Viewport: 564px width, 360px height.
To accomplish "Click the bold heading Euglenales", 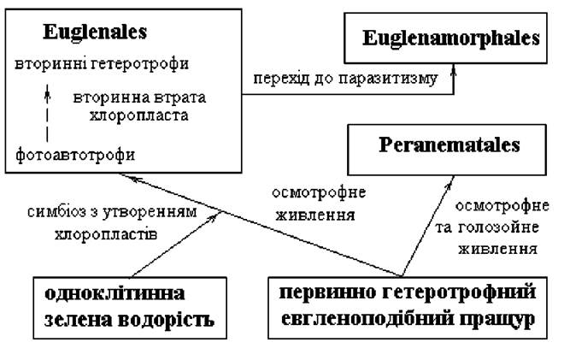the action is click(95, 32).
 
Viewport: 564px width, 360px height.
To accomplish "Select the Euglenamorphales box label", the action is click(451, 38).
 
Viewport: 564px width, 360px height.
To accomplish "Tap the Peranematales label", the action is click(449, 145).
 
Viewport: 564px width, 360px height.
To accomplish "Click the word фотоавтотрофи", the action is click(75, 155).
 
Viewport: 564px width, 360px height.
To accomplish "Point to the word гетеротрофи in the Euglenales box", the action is click(140, 64).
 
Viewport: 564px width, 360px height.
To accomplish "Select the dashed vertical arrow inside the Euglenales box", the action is click(47, 113).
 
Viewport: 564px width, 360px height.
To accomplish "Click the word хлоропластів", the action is click(106, 234).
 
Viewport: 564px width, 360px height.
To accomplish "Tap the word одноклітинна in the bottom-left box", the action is click(115, 293).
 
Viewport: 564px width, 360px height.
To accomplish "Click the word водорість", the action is click(166, 320).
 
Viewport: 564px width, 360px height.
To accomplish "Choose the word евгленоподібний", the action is click(367, 319).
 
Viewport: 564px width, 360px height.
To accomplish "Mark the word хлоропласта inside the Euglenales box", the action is click(138, 116).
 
